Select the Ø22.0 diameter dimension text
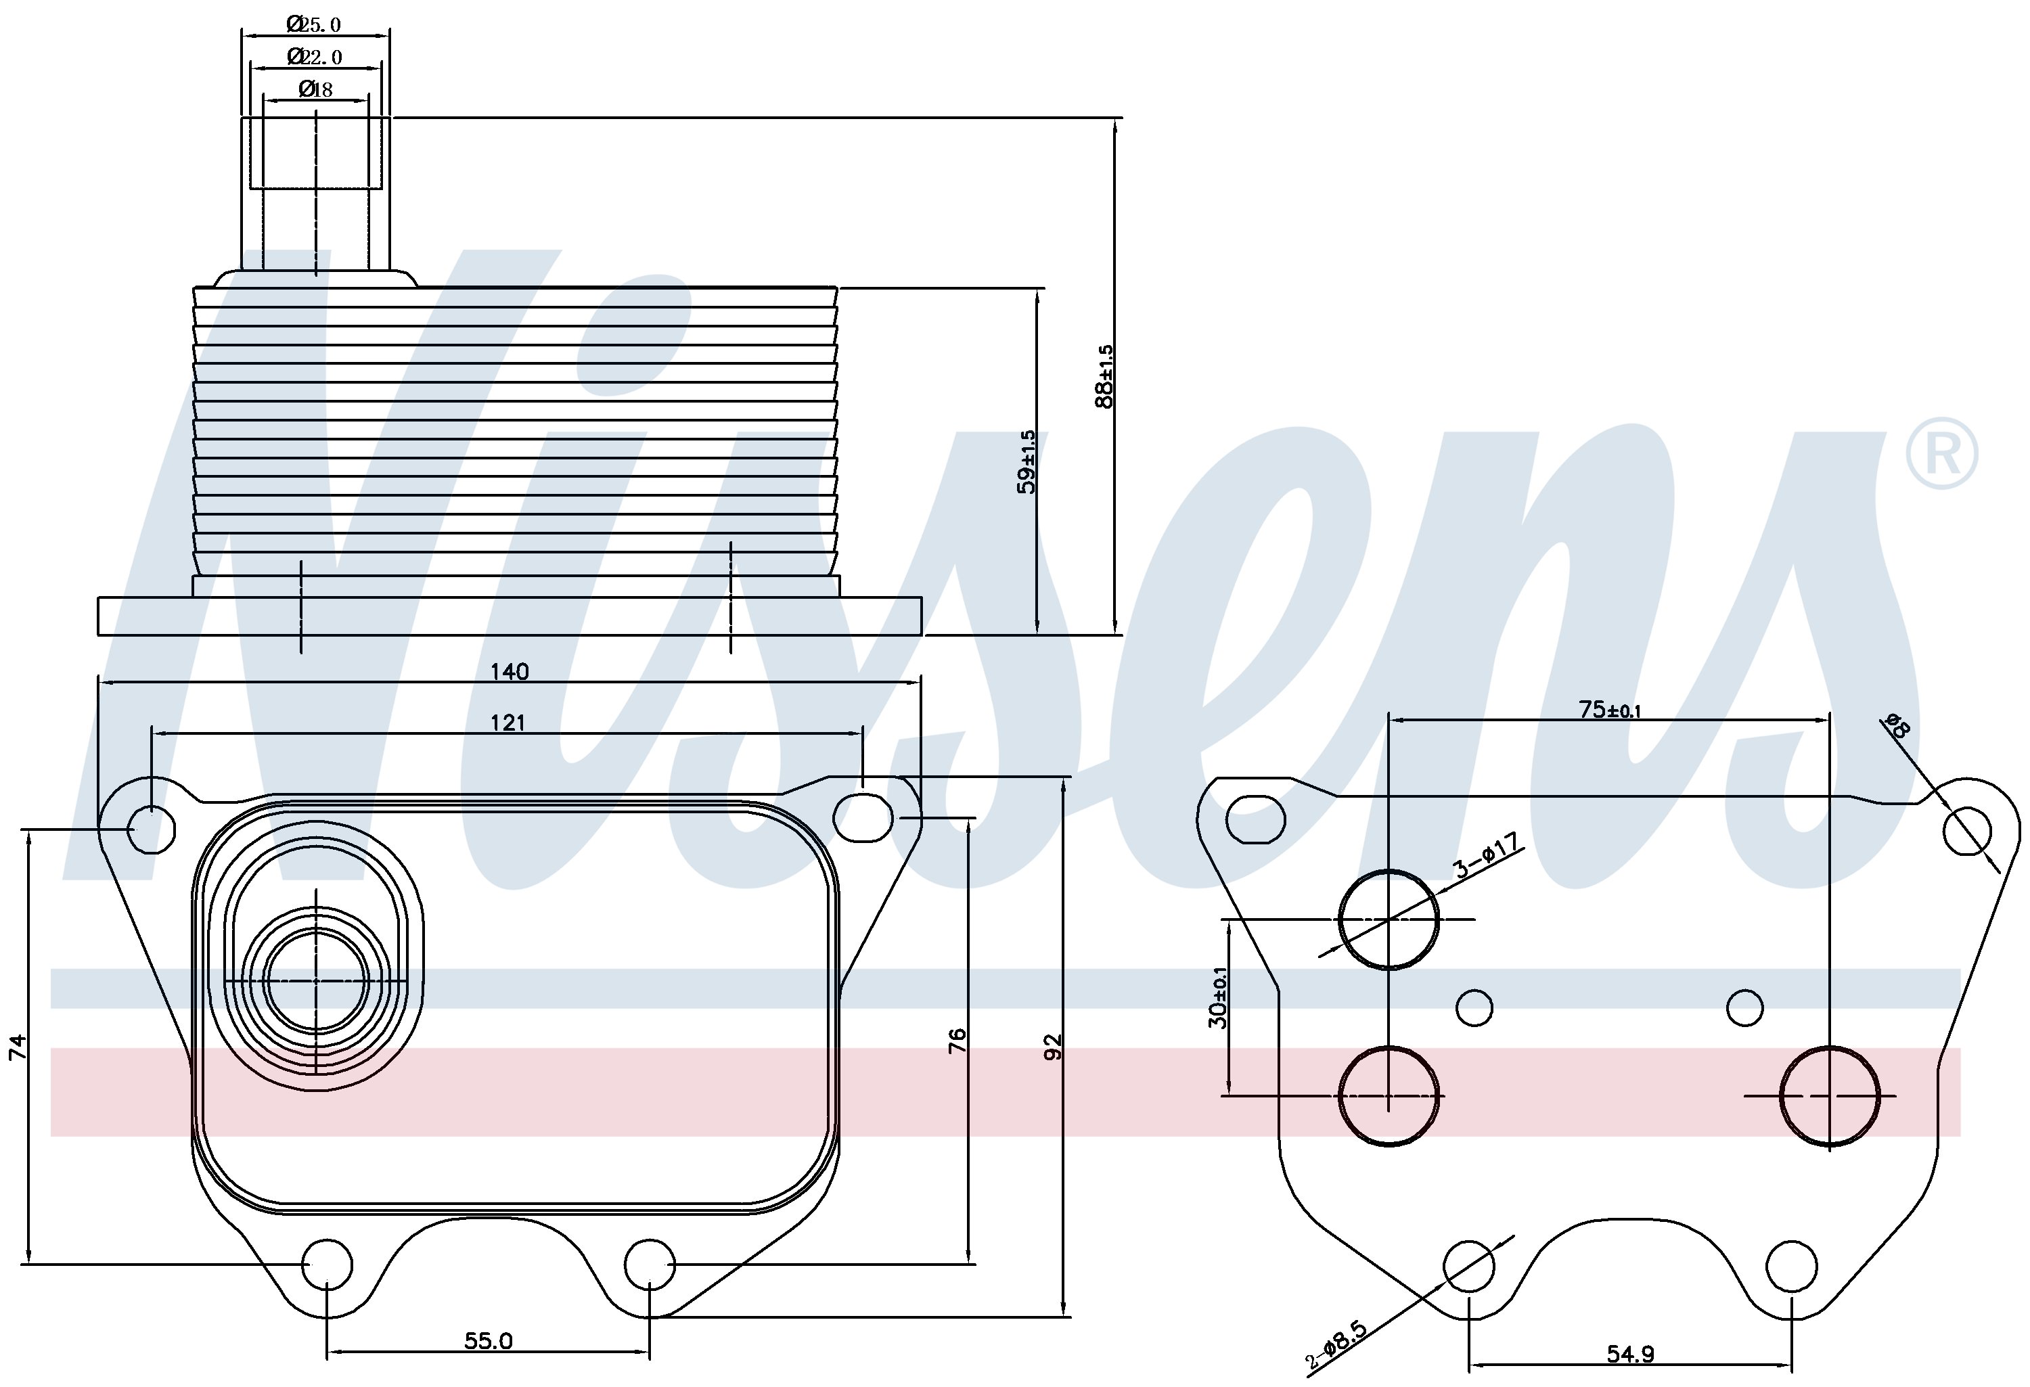(315, 57)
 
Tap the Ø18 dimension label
(315, 89)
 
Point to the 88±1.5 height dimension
(1105, 376)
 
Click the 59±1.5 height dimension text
(1027, 462)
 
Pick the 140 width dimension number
(510, 672)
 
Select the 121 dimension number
(507, 723)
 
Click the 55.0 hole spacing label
(489, 1341)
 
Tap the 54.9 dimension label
(1630, 1355)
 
